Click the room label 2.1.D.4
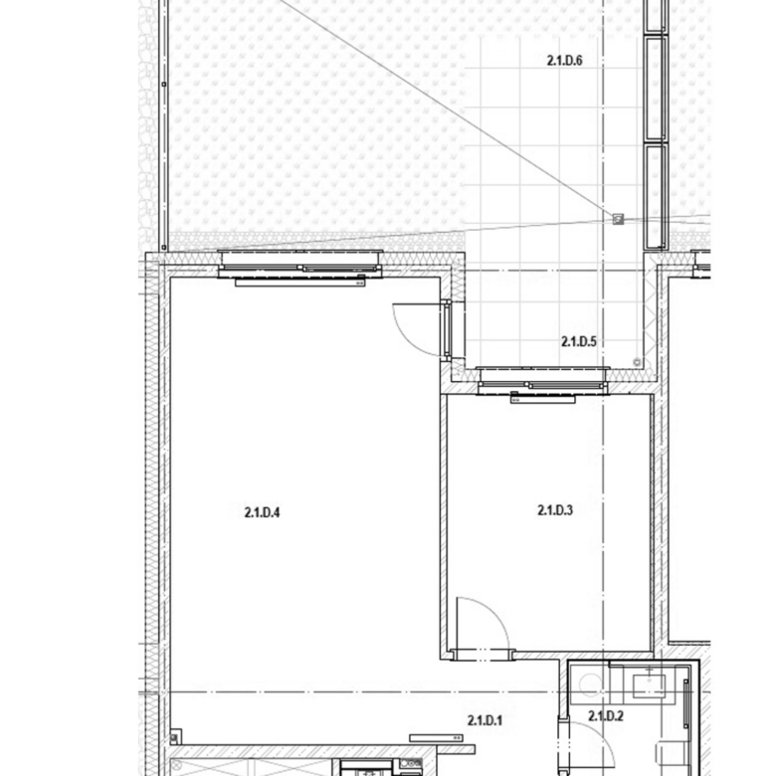tap(262, 512)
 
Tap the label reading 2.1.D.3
tap(555, 509)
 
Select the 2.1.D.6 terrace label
tap(565, 61)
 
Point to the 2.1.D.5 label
tap(579, 341)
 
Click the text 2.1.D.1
tap(485, 720)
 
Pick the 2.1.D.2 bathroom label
tap(606, 715)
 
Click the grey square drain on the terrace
tap(618, 219)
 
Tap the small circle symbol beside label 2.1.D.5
tap(637, 362)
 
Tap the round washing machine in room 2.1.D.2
tap(590, 684)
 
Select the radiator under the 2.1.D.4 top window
tap(299, 283)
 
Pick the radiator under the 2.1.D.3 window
tap(542, 399)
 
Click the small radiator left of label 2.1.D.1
tap(436, 738)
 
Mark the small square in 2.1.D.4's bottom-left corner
tap(176, 736)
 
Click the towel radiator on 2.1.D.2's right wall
tap(685, 703)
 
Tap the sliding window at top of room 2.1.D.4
tap(299, 264)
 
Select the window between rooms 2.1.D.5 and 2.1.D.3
tap(543, 380)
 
